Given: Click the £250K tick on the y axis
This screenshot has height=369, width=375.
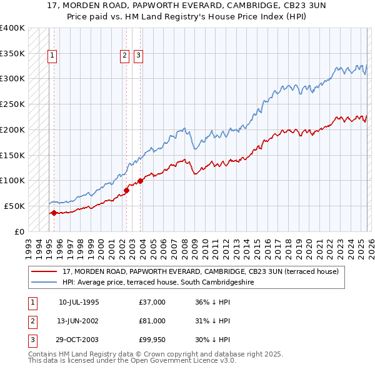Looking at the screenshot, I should pyautogui.click(x=12, y=104).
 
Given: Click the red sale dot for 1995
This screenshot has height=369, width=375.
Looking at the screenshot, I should pyautogui.click(x=54, y=213).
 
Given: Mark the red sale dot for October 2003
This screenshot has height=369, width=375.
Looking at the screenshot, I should pyautogui.click(x=140, y=181).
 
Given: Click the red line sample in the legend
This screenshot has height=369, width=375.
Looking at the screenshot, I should pyautogui.click(x=44, y=271).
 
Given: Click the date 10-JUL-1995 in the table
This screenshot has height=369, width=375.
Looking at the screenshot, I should pyautogui.click(x=79, y=302).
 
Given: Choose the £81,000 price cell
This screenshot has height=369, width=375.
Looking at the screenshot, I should pyautogui.click(x=152, y=321).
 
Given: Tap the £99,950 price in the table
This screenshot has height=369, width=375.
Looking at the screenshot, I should pyautogui.click(x=152, y=340).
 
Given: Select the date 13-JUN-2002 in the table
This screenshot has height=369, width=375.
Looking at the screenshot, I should pyautogui.click(x=79, y=321).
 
